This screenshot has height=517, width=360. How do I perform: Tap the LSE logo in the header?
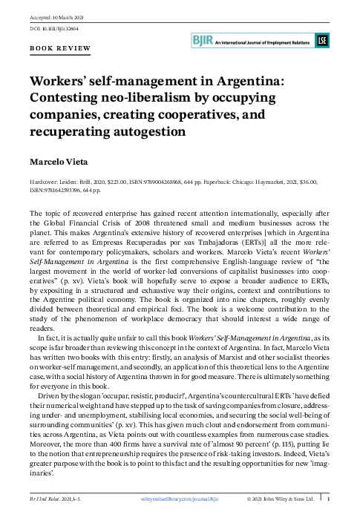[x=321, y=40]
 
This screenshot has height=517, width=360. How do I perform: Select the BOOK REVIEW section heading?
[x=61, y=48]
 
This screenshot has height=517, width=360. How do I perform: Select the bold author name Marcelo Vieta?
[x=59, y=161]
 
